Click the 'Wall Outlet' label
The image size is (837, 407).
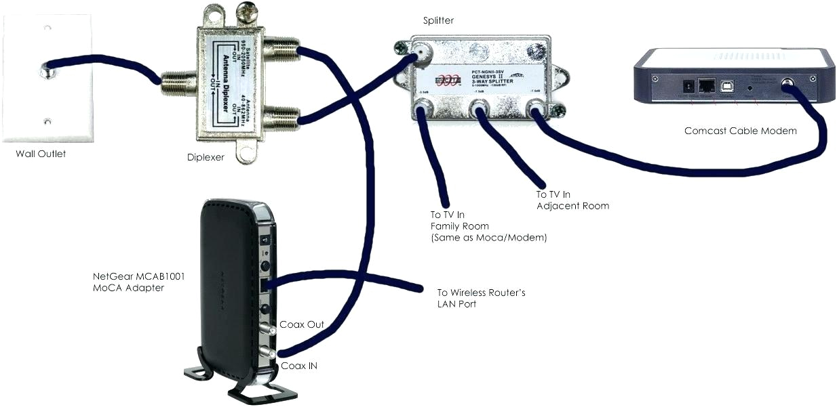point(41,154)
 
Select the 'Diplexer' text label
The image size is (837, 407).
point(206,158)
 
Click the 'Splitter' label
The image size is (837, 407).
point(437,21)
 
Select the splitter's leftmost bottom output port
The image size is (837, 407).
point(424,108)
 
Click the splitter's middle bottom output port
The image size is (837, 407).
point(480,109)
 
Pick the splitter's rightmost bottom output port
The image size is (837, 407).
point(535,108)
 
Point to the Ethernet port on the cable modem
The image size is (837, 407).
point(706,86)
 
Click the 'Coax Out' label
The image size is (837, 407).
point(303,325)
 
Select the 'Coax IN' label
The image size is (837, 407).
point(298,366)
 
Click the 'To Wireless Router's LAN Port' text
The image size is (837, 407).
point(481,299)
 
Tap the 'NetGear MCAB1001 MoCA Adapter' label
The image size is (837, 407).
point(128,282)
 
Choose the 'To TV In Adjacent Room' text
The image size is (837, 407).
point(572,200)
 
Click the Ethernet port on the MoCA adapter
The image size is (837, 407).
point(265,285)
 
